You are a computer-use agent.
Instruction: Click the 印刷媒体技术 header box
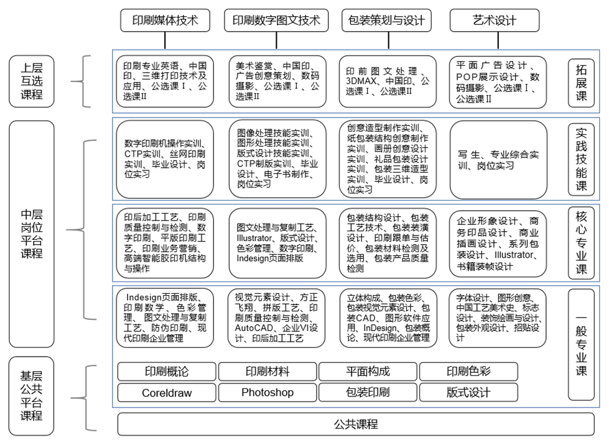pos(165,20)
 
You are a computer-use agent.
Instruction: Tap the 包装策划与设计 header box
pos(386,20)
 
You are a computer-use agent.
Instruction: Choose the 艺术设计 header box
pos(494,20)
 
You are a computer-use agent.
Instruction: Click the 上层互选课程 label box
pos(31,81)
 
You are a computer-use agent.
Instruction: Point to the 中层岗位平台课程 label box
pos(31,234)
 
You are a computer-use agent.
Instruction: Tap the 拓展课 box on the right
pos(581,81)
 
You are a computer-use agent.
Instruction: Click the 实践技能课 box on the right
pos(581,159)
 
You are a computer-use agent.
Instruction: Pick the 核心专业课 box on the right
pos(581,242)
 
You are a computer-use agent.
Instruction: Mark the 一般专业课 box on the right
pos(581,345)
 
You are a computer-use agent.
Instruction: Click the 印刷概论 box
pos(167,372)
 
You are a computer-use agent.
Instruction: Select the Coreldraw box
pos(167,393)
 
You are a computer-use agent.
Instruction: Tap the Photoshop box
pos(267,393)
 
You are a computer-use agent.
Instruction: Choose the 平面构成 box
pos(368,372)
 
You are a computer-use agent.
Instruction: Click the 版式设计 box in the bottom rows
pos(468,393)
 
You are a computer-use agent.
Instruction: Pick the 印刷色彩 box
pos(468,372)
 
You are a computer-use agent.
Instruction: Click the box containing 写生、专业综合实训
pos(498,160)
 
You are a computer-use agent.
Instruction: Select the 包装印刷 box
pos(368,393)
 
